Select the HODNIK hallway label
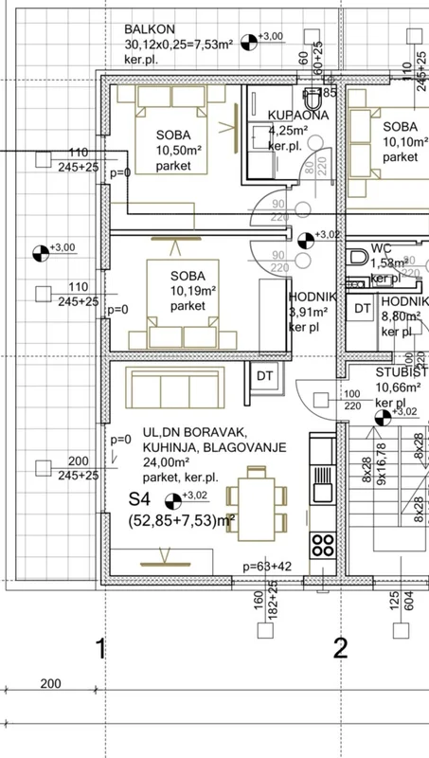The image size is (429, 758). click(307, 297)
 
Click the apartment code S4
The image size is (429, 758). click(140, 496)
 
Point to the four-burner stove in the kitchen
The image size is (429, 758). click(323, 545)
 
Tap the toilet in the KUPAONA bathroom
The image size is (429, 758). click(312, 98)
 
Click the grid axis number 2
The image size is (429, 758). click(339, 649)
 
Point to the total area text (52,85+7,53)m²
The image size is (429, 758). click(182, 519)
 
